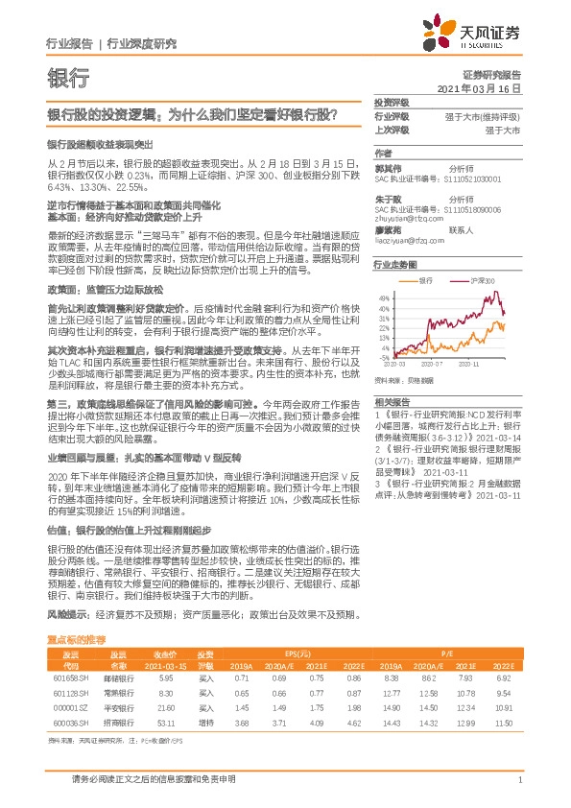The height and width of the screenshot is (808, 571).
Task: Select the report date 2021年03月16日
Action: pyautogui.click(x=486, y=88)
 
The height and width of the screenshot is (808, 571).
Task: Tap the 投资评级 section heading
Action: pyautogui.click(x=392, y=102)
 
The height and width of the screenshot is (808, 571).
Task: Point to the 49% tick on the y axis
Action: pyautogui.click(x=383, y=298)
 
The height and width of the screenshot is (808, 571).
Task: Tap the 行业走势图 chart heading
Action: pyautogui.click(x=394, y=263)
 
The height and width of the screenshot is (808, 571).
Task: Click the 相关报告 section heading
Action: pyautogui.click(x=392, y=401)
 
